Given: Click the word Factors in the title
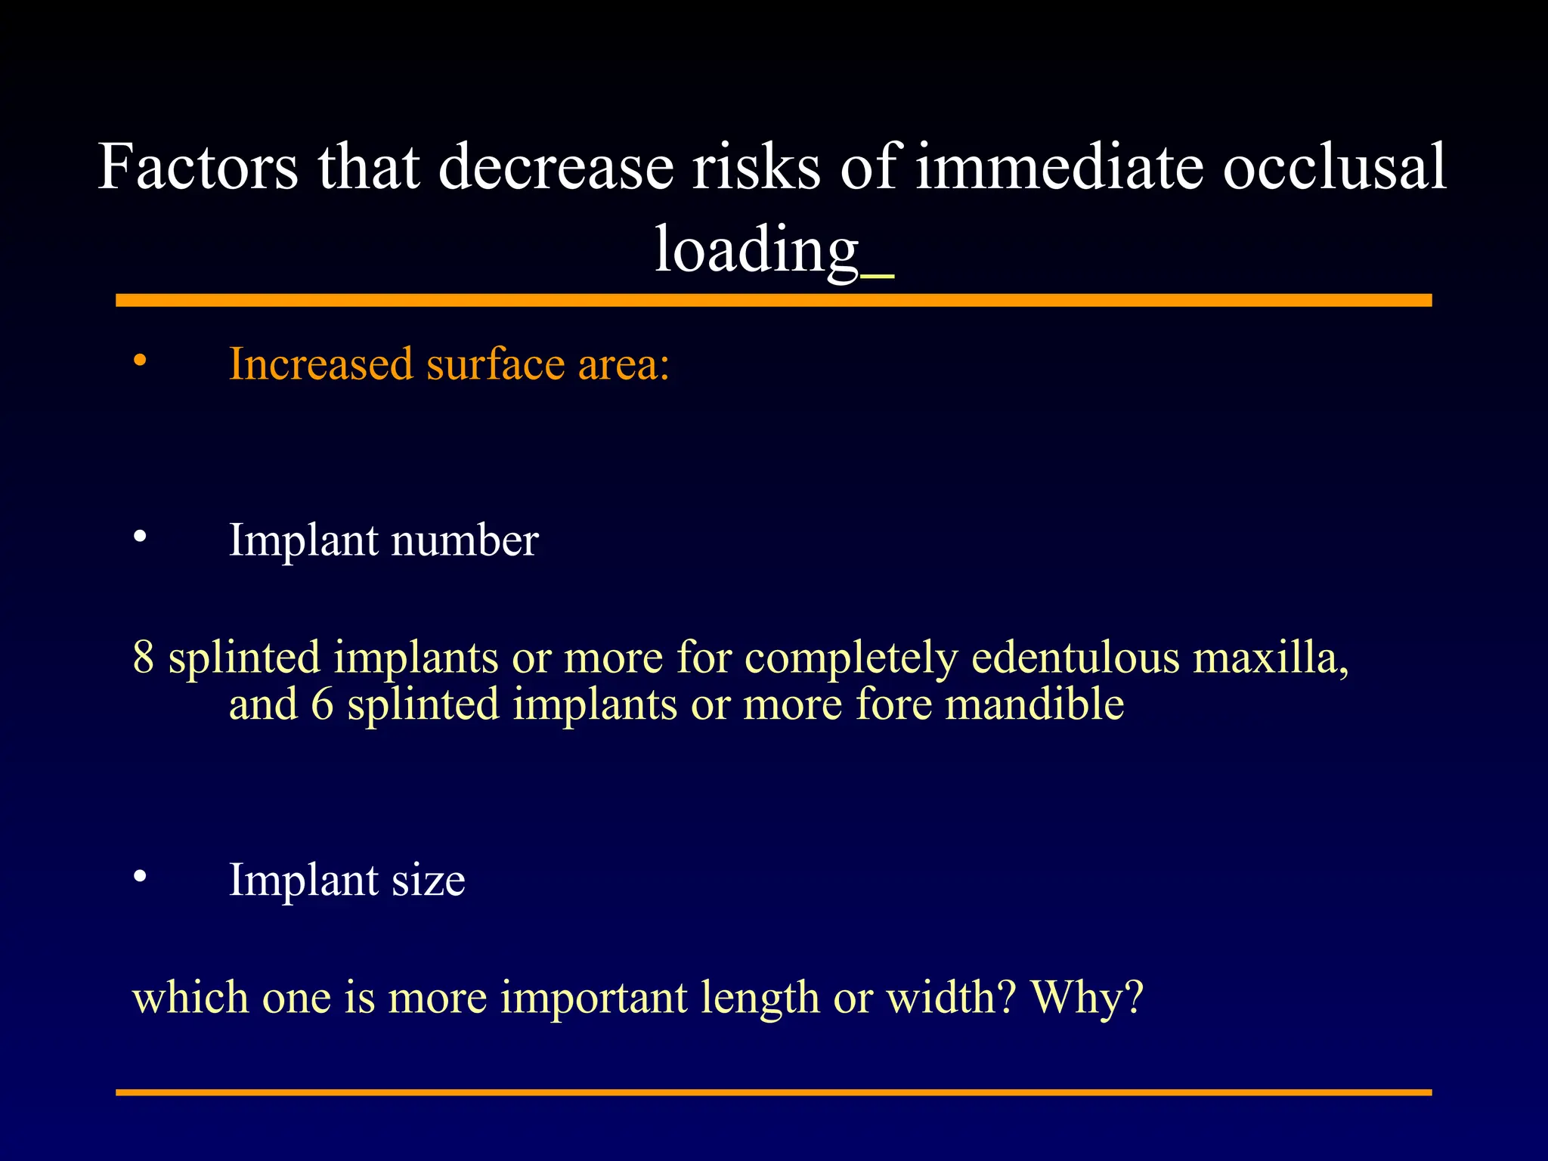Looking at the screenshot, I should (x=198, y=166).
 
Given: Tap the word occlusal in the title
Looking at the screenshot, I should (x=1334, y=166).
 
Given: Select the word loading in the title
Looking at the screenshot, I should (x=756, y=251).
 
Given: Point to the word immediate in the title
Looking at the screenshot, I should (x=1059, y=166).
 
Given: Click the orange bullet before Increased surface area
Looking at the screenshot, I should (x=140, y=361).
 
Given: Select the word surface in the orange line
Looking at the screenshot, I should (x=494, y=364).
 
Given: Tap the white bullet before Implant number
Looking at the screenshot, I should (x=140, y=537).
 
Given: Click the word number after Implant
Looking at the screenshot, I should (x=464, y=540).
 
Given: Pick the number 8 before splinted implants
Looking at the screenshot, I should (x=144, y=656).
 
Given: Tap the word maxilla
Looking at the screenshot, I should (x=1271, y=656).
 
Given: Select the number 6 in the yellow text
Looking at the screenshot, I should (x=322, y=704).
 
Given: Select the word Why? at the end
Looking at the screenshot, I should (x=1087, y=997).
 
